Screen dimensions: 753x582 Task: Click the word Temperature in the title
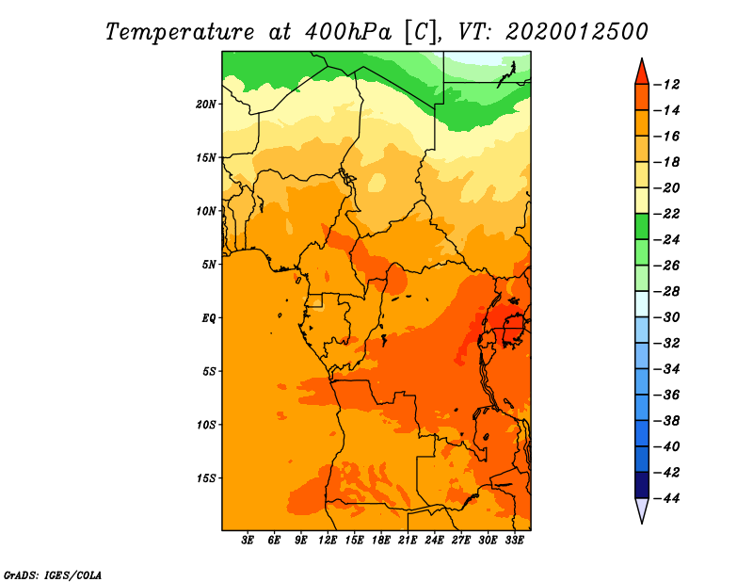point(180,32)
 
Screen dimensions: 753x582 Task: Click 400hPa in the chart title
point(348,32)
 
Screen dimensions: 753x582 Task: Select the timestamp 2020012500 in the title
point(577,32)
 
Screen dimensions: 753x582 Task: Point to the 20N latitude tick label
point(206,104)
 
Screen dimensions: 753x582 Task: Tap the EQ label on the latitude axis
point(209,318)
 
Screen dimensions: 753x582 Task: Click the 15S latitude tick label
point(206,478)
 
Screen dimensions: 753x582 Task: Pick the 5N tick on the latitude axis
point(209,265)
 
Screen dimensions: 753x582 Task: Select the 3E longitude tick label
point(248,541)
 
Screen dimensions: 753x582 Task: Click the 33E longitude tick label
point(514,541)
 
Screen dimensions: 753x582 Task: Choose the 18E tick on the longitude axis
point(381,541)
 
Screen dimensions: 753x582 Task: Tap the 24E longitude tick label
point(434,541)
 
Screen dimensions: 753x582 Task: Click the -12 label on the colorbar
point(667,85)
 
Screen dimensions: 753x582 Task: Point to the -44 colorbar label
point(667,498)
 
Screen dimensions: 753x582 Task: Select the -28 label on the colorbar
point(667,292)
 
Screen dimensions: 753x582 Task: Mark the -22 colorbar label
point(667,214)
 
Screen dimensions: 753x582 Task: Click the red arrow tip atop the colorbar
point(642,58)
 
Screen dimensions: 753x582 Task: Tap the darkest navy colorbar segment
point(642,485)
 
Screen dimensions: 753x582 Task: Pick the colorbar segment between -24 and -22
point(642,227)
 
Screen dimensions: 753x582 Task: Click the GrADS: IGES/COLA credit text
point(53,575)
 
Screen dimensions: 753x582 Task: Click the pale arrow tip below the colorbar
point(642,523)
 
